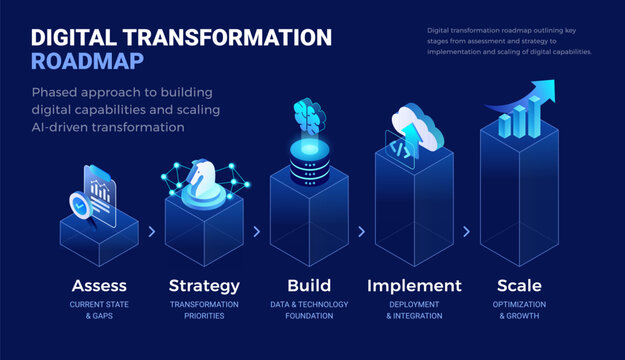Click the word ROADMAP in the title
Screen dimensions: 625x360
(87, 61)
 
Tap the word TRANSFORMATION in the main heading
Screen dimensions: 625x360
(232, 37)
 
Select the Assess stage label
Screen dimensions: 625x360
(98, 285)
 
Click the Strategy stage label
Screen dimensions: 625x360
(204, 285)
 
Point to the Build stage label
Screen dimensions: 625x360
(308, 285)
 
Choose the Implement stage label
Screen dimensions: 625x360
(414, 285)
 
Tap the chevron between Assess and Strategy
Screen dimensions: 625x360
(152, 231)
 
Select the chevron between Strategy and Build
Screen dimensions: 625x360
(257, 231)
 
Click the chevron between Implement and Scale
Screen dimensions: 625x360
(466, 231)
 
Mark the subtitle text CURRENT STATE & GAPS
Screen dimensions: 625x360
(98, 310)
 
